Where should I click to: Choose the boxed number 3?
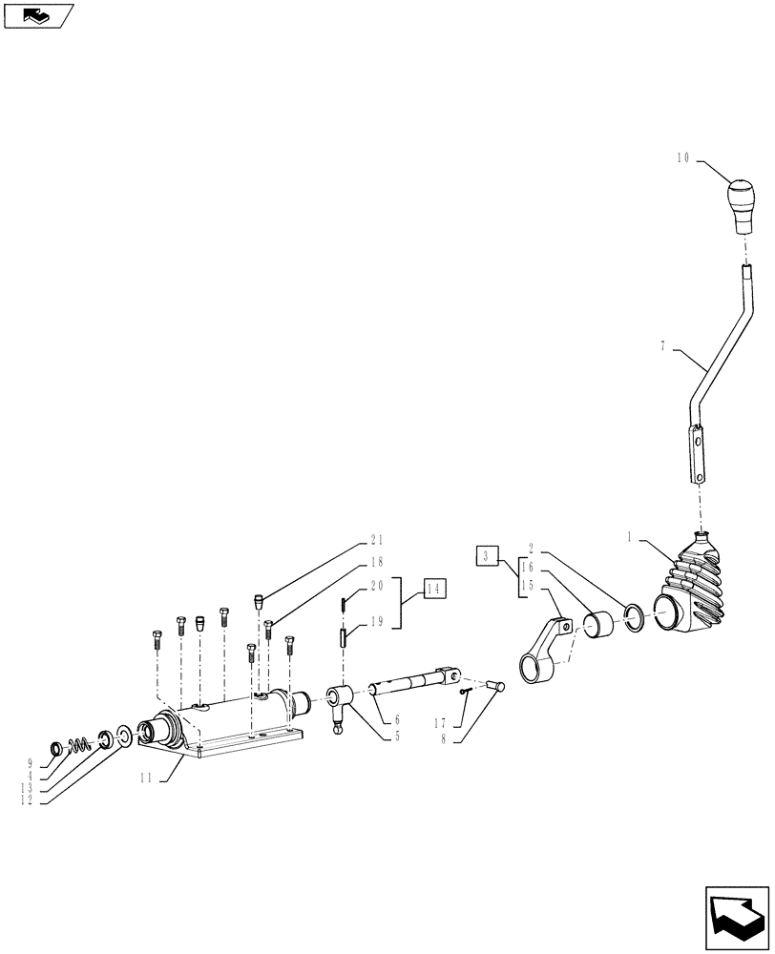coord(486,554)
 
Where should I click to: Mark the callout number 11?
coord(145,778)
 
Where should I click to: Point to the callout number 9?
coord(31,763)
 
